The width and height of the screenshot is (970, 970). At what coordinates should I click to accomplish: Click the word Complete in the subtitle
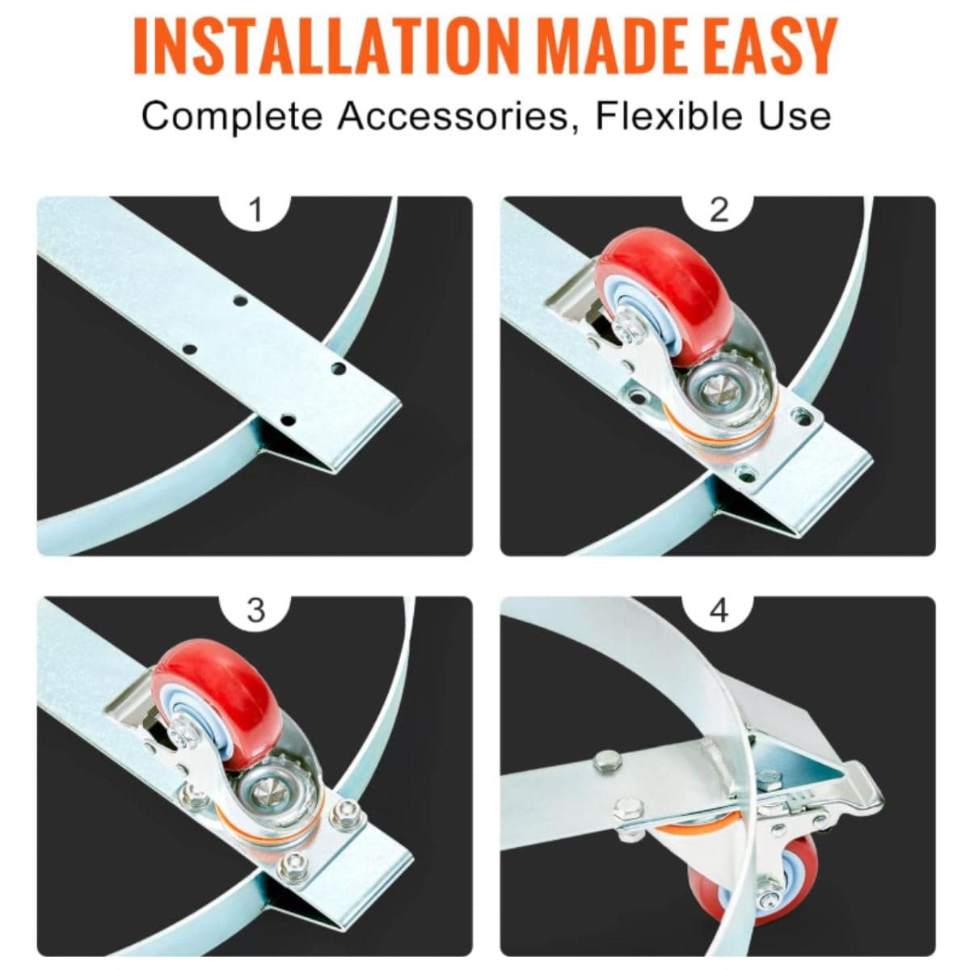point(231,116)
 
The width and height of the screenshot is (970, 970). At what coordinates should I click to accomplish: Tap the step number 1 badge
point(255,210)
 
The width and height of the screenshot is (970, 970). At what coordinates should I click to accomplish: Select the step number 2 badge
point(719,210)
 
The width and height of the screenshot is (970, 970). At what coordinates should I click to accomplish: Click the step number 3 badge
point(255,610)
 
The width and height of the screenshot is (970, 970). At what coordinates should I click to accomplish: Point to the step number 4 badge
point(719,610)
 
